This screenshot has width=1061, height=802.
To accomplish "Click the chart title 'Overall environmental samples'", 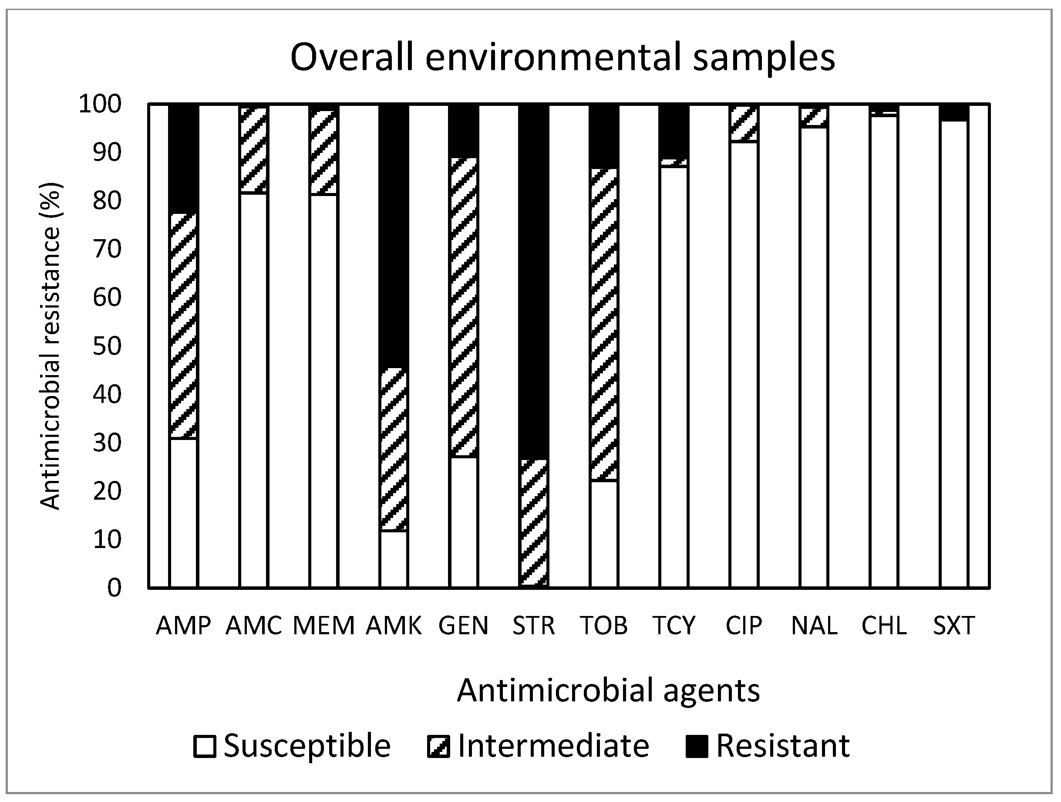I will [x=562, y=57].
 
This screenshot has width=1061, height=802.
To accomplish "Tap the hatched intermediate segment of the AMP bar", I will [x=183, y=326].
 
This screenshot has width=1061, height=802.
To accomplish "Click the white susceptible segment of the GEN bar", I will [x=463, y=522].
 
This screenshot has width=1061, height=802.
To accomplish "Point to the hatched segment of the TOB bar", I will [x=603, y=325].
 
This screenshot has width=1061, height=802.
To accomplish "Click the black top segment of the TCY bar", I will [x=674, y=131].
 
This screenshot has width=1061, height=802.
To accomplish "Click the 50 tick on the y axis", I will [x=107, y=346].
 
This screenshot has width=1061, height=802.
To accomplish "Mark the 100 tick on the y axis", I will [x=100, y=104].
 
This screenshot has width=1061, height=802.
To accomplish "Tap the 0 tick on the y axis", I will [x=114, y=588].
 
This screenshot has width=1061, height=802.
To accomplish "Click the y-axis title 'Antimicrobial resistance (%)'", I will [x=51, y=345].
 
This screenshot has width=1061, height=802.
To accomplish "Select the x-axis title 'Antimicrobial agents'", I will [x=608, y=690].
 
